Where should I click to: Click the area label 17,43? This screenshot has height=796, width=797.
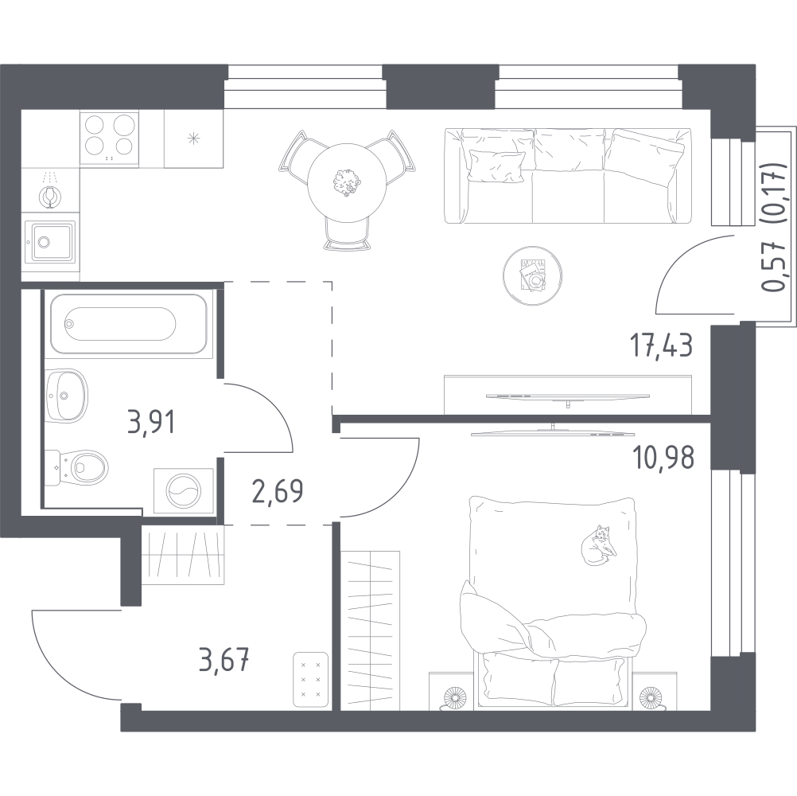[661, 346]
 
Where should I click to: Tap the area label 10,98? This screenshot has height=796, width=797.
[663, 458]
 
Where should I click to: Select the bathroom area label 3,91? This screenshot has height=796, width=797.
[151, 423]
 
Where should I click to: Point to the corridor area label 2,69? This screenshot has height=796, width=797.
[278, 492]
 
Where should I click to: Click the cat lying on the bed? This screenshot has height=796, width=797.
[599, 544]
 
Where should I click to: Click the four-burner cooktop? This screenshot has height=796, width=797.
[109, 138]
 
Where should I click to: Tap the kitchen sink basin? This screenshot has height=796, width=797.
[50, 241]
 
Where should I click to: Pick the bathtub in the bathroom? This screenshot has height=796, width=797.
[129, 323]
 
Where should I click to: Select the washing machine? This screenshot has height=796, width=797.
[184, 491]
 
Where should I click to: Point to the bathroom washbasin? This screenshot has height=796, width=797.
[66, 395]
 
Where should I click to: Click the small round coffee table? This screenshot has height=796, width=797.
[533, 275]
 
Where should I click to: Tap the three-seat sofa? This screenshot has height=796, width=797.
[568, 175]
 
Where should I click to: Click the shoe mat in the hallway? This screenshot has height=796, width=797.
[310, 679]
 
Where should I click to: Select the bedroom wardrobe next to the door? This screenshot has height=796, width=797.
[371, 630]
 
